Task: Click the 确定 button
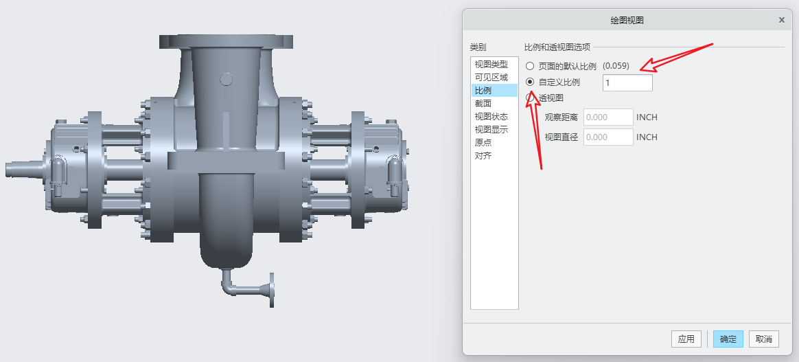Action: (x=728, y=339)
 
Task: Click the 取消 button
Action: (x=764, y=339)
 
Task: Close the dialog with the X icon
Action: (x=782, y=20)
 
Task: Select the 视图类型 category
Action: (x=491, y=65)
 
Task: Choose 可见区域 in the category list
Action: (x=491, y=78)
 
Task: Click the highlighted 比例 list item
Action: (x=494, y=91)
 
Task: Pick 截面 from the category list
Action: (x=483, y=104)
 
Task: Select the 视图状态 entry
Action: (x=491, y=117)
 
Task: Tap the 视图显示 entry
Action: (x=491, y=130)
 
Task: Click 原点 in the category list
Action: (x=483, y=143)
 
